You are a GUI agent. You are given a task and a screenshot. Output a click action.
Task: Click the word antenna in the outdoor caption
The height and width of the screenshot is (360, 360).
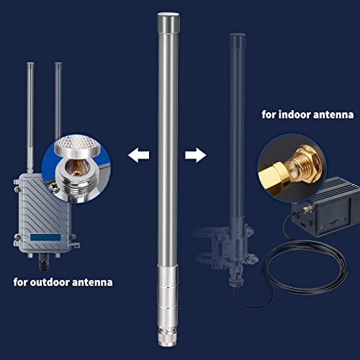[x=94, y=282]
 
